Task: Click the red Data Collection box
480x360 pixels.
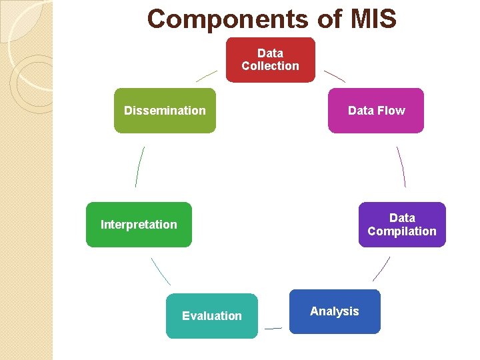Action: coord(270,60)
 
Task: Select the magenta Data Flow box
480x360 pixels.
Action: coord(376,111)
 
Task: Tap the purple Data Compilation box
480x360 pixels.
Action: coord(402,225)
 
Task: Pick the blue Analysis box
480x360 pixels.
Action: coord(335,311)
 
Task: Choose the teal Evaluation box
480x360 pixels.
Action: coord(211,316)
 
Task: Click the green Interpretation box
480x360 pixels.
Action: coord(139,225)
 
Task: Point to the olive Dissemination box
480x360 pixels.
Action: coord(165,111)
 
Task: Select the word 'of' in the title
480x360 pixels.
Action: coord(329,19)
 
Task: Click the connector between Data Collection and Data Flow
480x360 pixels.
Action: coord(335,76)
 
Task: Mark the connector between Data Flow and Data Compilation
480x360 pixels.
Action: coord(401,167)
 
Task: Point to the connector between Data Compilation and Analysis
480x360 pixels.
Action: coord(381,269)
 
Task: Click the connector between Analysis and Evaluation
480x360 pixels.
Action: coord(273,328)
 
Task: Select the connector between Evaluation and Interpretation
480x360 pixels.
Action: coord(161,271)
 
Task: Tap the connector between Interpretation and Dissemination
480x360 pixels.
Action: coord(139,167)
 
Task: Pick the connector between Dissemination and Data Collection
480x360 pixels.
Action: coord(207,76)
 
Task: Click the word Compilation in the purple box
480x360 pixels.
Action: coord(402,231)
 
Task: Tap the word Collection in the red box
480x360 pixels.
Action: coord(270,66)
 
